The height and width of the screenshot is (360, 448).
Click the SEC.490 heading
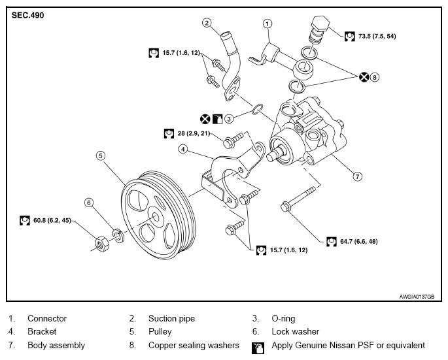[x=27, y=15]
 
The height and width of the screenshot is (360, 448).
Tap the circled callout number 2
[x=207, y=23]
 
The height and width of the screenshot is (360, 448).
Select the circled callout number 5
[x=101, y=156]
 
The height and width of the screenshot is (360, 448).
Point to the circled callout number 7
[x=358, y=176]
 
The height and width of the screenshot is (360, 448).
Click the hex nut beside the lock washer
[x=101, y=244]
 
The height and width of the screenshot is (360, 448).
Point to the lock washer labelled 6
[x=119, y=235]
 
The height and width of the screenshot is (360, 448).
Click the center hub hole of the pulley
[x=156, y=216]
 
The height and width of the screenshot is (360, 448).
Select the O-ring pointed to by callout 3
[x=258, y=109]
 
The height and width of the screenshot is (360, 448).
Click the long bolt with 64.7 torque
[x=299, y=199]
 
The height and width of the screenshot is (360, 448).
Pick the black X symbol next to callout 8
[x=364, y=77]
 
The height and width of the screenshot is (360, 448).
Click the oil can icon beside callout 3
[x=217, y=119]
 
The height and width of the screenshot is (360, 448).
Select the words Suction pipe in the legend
[x=171, y=319]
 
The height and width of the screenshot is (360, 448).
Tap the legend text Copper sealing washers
[x=194, y=346]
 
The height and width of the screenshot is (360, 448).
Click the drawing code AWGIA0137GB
[x=417, y=297]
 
